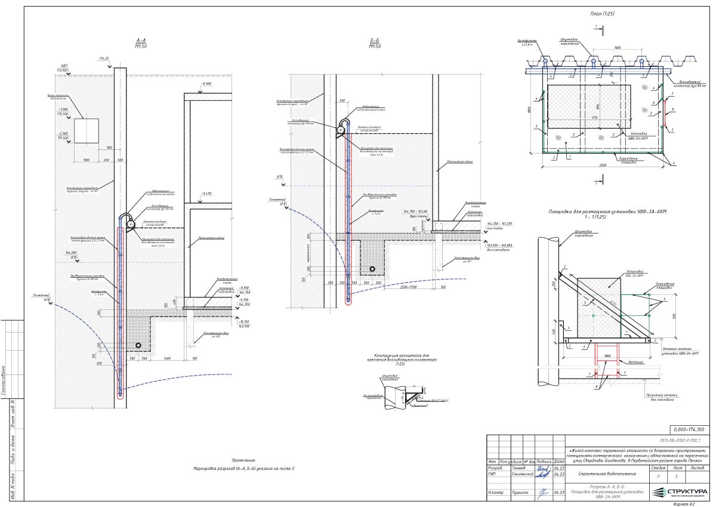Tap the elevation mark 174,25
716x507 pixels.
coord(104,59)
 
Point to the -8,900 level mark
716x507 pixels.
coord(206,84)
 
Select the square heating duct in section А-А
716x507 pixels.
coord(86,131)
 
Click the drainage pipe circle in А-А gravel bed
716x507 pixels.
coord(138,345)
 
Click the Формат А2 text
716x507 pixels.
coord(683,503)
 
